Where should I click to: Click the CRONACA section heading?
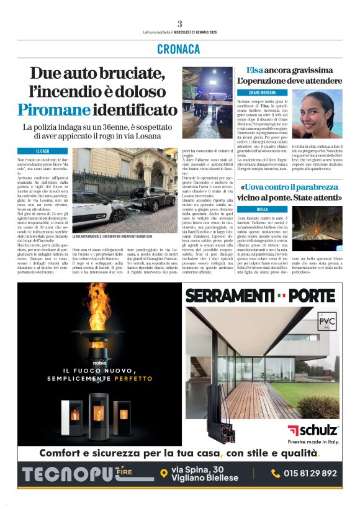click(x=179, y=49)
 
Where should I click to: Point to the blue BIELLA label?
click(x=263, y=210)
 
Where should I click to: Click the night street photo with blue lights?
click(x=207, y=102)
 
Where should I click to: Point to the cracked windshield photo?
click(x=317, y=228)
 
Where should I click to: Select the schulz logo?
click(x=313, y=430)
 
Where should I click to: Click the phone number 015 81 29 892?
click(x=312, y=473)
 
